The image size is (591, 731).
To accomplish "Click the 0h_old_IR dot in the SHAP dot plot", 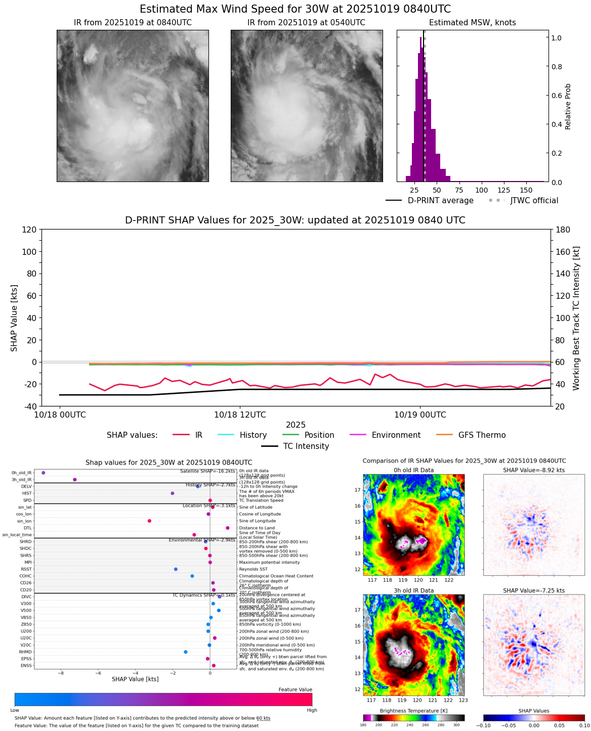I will pyautogui.click(x=44, y=473).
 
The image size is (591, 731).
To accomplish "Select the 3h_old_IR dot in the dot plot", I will pyautogui.click(x=74, y=480).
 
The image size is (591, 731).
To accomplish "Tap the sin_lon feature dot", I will pyautogui.click(x=149, y=521).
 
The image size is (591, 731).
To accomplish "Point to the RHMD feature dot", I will pyautogui.click(x=185, y=652).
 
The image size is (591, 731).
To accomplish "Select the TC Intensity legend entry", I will pyautogui.click(x=296, y=446).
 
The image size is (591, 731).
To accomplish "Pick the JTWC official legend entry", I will pyautogui.click(x=523, y=201).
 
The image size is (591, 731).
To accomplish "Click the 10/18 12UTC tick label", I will pyautogui.click(x=240, y=415).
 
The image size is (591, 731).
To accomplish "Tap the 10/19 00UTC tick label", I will pyautogui.click(x=420, y=415).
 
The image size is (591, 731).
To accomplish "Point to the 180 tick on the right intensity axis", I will pyautogui.click(x=563, y=230).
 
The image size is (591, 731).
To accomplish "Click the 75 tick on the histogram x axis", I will pyautogui.click(x=459, y=191).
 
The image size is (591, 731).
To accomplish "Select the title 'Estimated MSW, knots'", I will pyautogui.click(x=473, y=23).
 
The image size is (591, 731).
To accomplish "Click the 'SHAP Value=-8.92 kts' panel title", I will pyautogui.click(x=533, y=470).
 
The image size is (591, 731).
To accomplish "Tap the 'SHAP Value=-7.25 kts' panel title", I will pyautogui.click(x=533, y=590).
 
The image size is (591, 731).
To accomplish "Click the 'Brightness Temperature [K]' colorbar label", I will pyautogui.click(x=413, y=711).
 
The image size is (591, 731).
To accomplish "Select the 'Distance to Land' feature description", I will pyautogui.click(x=257, y=528).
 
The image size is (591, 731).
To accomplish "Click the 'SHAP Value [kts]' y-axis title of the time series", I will pyautogui.click(x=14, y=318).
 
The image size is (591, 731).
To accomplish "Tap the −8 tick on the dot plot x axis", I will pyautogui.click(x=61, y=673).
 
